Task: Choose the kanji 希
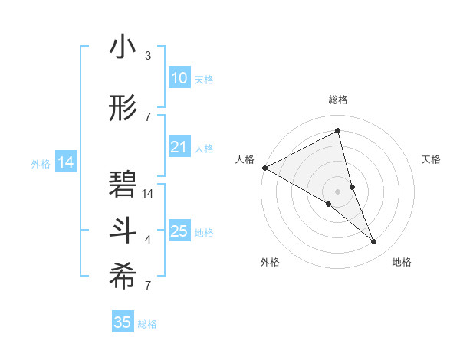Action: coord(123,277)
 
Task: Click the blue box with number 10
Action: coord(179,78)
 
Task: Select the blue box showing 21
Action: coord(179,147)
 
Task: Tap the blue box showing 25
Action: coord(179,231)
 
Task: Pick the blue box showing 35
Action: coord(122,322)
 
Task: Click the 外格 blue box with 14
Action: coord(65,162)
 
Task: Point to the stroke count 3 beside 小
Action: coord(148,56)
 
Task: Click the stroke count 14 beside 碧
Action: coord(148,194)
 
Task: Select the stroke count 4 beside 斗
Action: coord(148,240)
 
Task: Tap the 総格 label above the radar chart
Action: coord(337,100)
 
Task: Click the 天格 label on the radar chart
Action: coord(432,159)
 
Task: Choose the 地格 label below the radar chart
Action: coord(402,262)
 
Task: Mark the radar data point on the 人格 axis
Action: coord(264,167)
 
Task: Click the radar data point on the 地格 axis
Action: coord(374,242)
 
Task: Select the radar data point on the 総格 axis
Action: coord(337,130)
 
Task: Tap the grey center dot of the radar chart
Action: coord(337,191)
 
